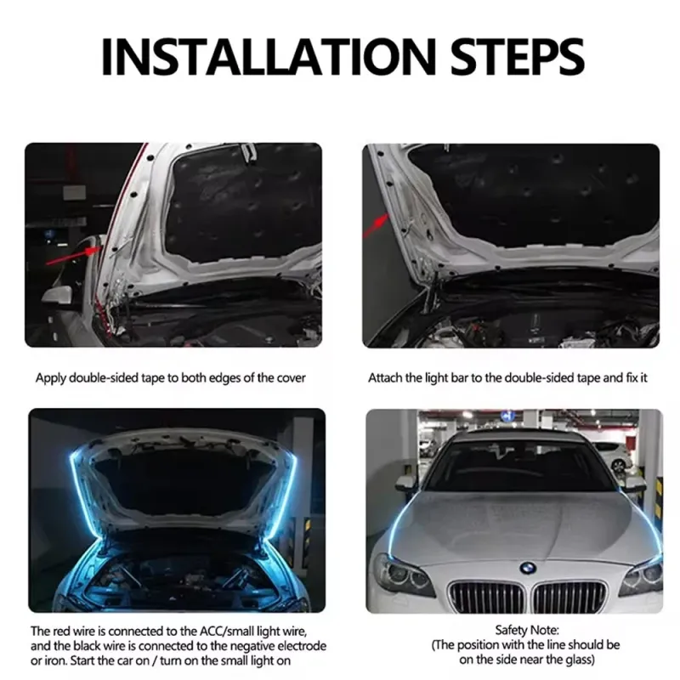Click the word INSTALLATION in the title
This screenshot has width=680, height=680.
coord(268,57)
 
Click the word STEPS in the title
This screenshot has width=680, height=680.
coord(518,57)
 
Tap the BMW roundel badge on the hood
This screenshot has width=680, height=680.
coord(528,568)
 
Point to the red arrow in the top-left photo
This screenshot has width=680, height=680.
coord(72,256)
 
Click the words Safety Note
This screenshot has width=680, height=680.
coord(527,630)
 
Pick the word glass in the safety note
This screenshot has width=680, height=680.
coord(578,660)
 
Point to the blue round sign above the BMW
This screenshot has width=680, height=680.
coord(507,416)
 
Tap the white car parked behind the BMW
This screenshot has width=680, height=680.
coord(610,456)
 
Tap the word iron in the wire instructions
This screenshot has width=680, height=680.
coord(53,661)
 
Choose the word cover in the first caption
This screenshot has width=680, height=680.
coord(292,378)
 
